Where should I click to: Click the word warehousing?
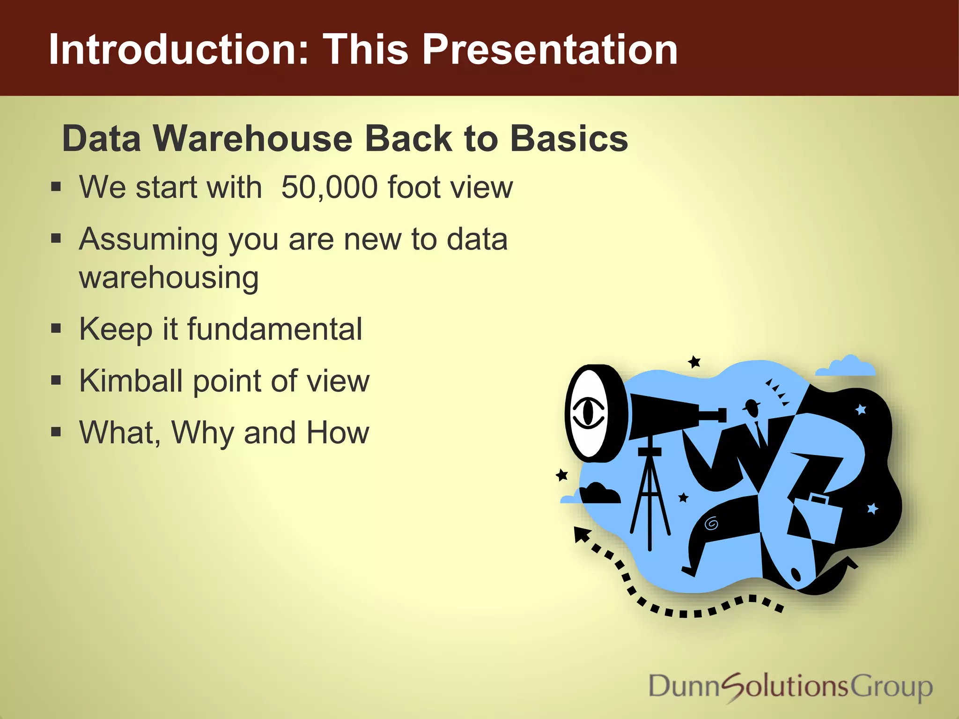169,278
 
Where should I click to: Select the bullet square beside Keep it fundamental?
56,329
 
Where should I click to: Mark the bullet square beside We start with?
56,187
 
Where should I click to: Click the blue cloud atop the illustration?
847,367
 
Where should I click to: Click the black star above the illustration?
694,362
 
